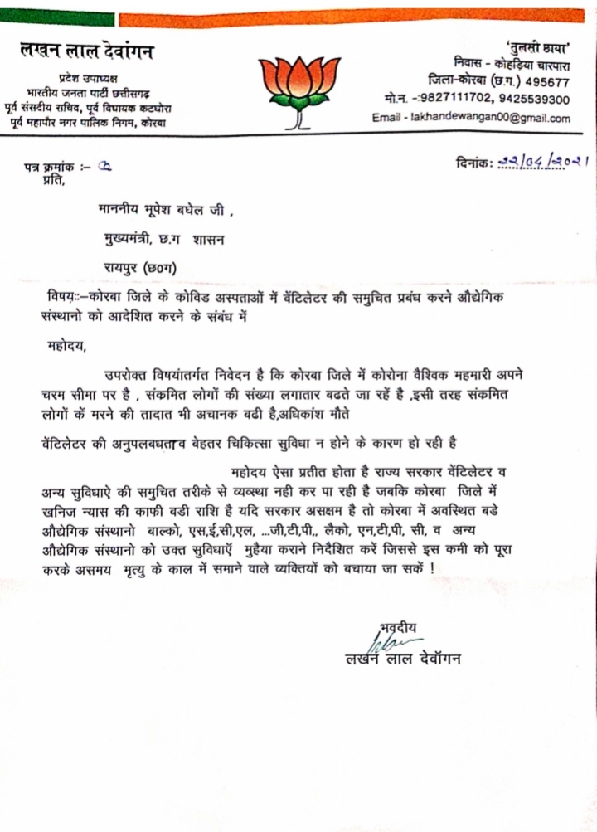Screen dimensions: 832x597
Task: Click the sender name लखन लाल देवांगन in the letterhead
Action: (x=87, y=52)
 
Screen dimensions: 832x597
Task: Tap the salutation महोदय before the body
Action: (x=66, y=343)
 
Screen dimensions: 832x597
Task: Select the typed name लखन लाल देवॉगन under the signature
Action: (x=403, y=659)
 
